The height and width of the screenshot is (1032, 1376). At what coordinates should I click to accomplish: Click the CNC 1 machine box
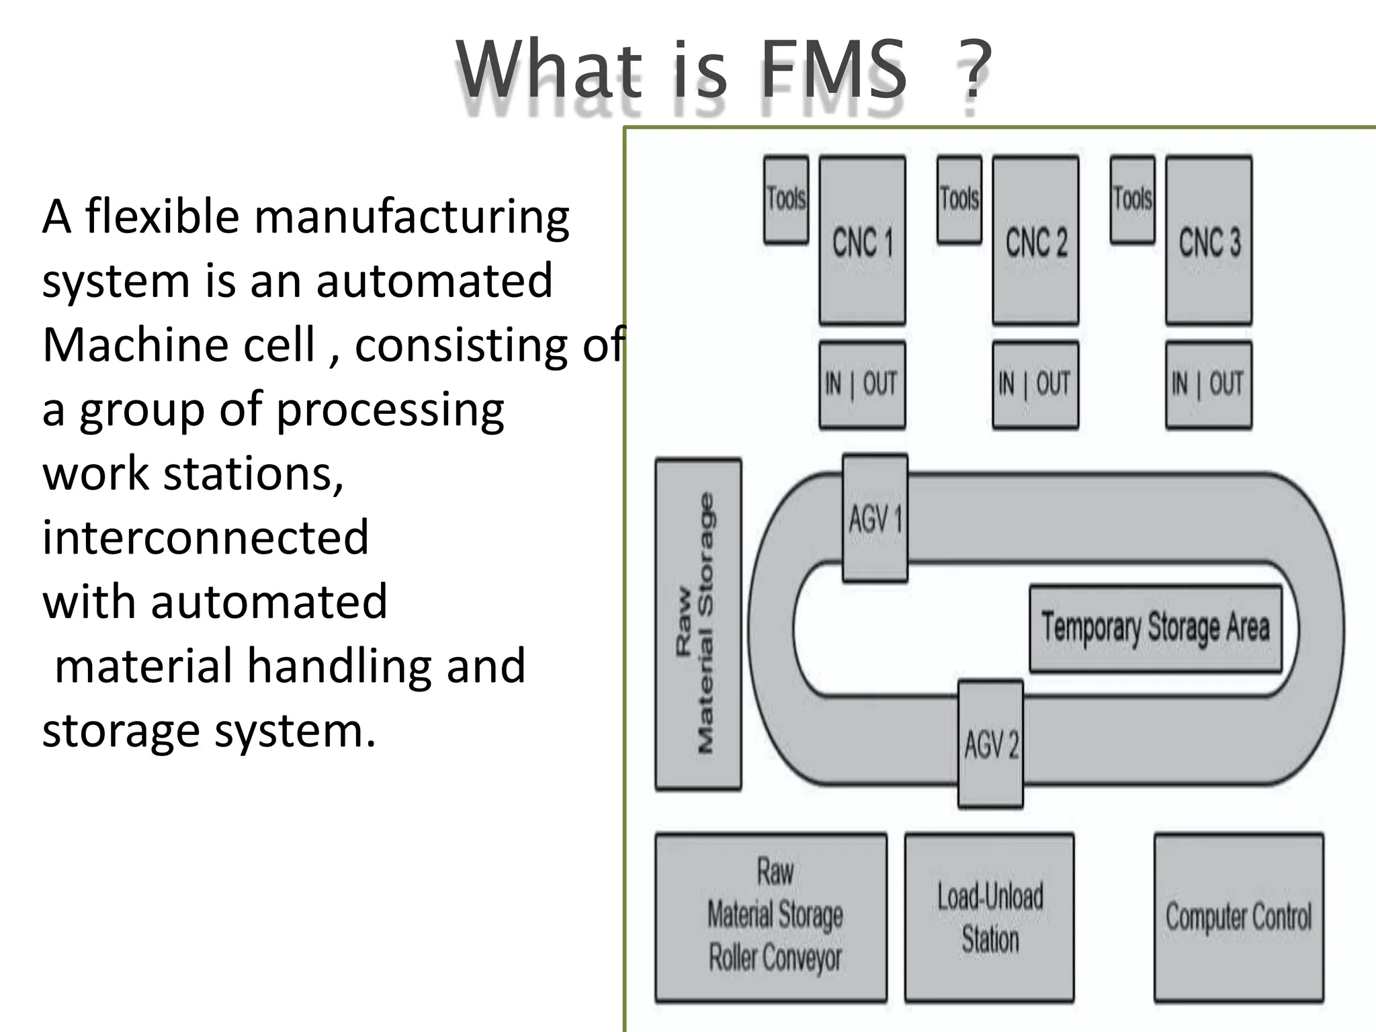pos(862,241)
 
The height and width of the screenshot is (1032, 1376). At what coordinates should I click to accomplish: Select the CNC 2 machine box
pos(1035,241)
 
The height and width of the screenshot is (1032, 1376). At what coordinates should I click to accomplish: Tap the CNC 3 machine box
pos(1209,241)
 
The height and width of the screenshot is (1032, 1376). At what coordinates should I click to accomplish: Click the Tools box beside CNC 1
pos(786,200)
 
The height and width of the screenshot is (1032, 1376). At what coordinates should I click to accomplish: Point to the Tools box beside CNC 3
pos(1132,200)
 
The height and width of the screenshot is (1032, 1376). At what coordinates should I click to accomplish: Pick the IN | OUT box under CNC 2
pos(1035,384)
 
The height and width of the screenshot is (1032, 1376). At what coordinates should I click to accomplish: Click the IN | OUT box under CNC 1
pos(862,384)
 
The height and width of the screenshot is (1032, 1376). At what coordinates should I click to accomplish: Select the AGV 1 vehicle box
pos(875,518)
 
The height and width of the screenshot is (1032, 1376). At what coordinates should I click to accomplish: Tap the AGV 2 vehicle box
pos(990,744)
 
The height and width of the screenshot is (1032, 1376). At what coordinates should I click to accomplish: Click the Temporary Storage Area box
pos(1156,628)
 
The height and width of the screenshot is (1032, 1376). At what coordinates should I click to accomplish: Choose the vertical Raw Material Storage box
pos(698,624)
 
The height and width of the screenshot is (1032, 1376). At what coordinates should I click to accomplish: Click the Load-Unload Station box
pos(990,917)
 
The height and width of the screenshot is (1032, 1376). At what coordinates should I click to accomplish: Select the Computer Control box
pos(1239,917)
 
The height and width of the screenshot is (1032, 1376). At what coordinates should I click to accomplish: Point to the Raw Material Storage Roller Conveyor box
pos(771,917)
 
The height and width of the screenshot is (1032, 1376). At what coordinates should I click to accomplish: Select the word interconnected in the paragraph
pos(206,537)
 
